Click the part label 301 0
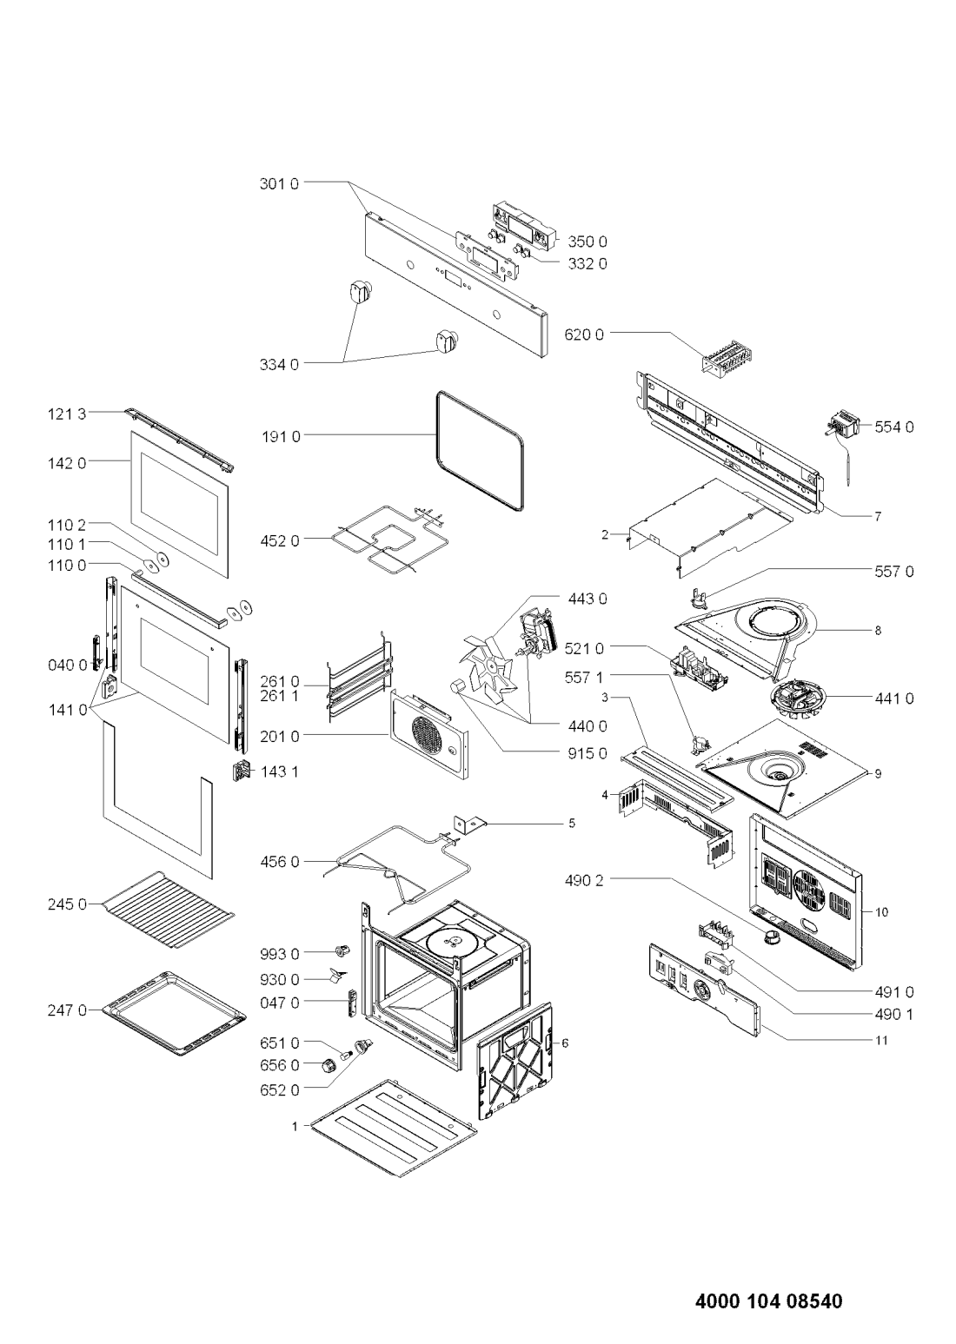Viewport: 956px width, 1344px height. tap(278, 183)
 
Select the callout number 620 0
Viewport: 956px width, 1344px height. tap(584, 334)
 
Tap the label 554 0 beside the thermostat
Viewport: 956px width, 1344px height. tap(894, 427)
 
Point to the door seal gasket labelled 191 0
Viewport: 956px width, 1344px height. tap(479, 452)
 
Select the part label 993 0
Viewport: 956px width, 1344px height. tap(279, 953)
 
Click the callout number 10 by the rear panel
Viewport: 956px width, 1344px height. tap(881, 912)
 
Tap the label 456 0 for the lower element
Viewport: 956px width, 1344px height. tap(279, 862)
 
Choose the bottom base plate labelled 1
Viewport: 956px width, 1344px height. tap(395, 1129)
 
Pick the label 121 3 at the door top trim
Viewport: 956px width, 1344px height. tap(67, 414)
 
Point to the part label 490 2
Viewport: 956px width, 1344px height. tap(584, 880)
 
